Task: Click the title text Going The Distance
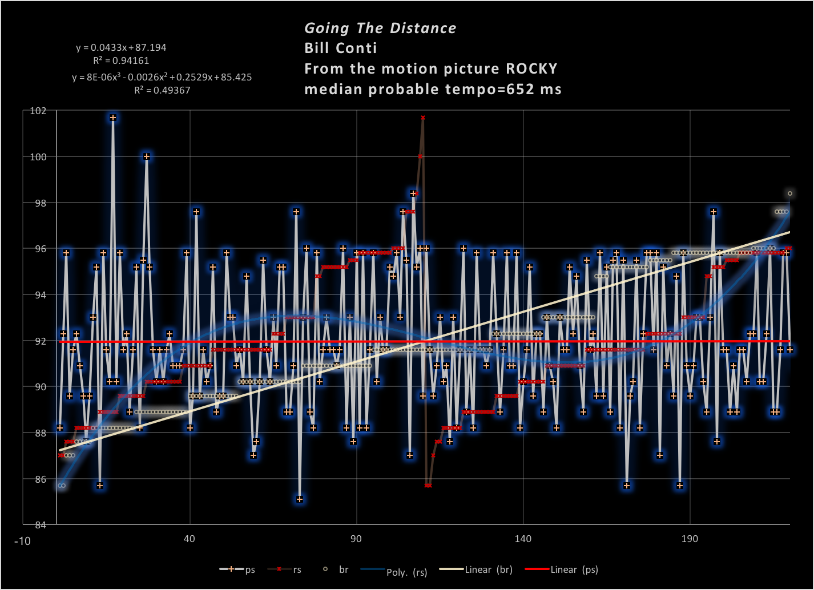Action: coord(380,28)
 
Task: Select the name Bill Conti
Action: coord(340,48)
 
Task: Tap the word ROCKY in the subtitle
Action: coord(531,69)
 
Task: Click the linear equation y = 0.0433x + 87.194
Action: coord(121,48)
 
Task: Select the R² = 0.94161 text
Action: coord(121,60)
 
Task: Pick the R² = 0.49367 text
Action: coord(162,90)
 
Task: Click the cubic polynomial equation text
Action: coord(162,77)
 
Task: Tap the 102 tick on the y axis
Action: coord(39,111)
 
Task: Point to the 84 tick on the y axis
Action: coord(42,524)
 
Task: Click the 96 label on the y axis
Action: coord(42,249)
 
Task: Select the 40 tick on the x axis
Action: coord(190,539)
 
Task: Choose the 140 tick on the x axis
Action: coord(523,539)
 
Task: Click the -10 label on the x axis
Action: coord(22,541)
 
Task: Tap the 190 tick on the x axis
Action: coord(690,539)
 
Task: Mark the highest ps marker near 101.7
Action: coord(113,118)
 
